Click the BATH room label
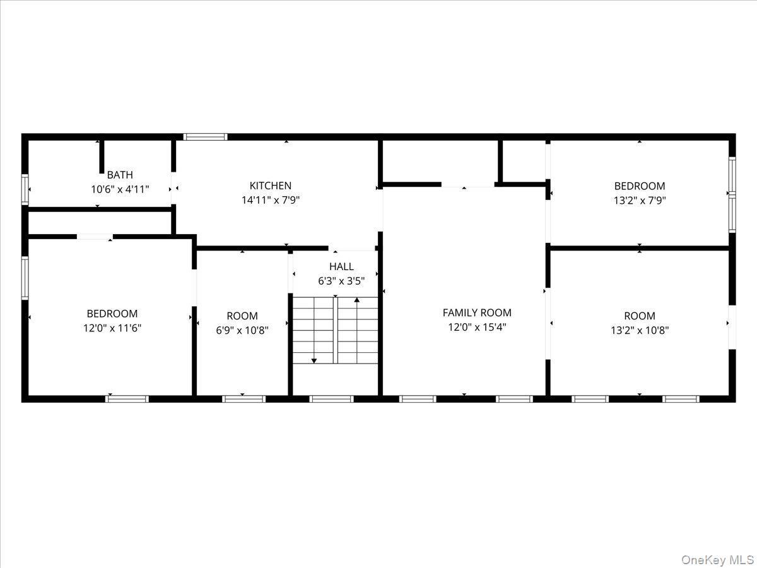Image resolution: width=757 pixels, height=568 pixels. [120, 175]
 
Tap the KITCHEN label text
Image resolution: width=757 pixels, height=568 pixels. [271, 186]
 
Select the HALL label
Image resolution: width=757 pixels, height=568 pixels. [341, 266]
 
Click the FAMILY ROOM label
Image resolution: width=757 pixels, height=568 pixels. [477, 312]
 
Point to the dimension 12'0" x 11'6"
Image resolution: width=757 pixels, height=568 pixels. [112, 328]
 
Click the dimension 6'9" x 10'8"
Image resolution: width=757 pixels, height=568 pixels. [242, 329]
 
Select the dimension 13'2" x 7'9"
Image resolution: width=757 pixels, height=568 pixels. [640, 201]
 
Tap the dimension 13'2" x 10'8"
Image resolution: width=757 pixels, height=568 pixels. [640, 329]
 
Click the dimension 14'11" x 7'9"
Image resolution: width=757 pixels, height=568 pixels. [271, 200]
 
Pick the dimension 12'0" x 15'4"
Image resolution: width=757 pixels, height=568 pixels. [477, 327]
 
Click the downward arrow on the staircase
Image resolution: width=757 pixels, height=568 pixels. [314, 360]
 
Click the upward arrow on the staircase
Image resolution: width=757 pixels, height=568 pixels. [357, 300]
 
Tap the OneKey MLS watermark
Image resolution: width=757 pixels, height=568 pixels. [719, 560]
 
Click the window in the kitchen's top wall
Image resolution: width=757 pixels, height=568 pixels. [205, 136]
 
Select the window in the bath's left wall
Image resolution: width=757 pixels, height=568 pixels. [25, 189]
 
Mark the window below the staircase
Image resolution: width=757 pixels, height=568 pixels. [331, 398]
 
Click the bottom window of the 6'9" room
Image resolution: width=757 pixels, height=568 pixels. [244, 398]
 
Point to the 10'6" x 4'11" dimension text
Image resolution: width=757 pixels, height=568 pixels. [120, 189]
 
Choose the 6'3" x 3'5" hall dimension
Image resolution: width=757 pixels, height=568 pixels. [341, 281]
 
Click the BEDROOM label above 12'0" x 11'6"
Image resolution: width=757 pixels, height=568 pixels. [112, 314]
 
